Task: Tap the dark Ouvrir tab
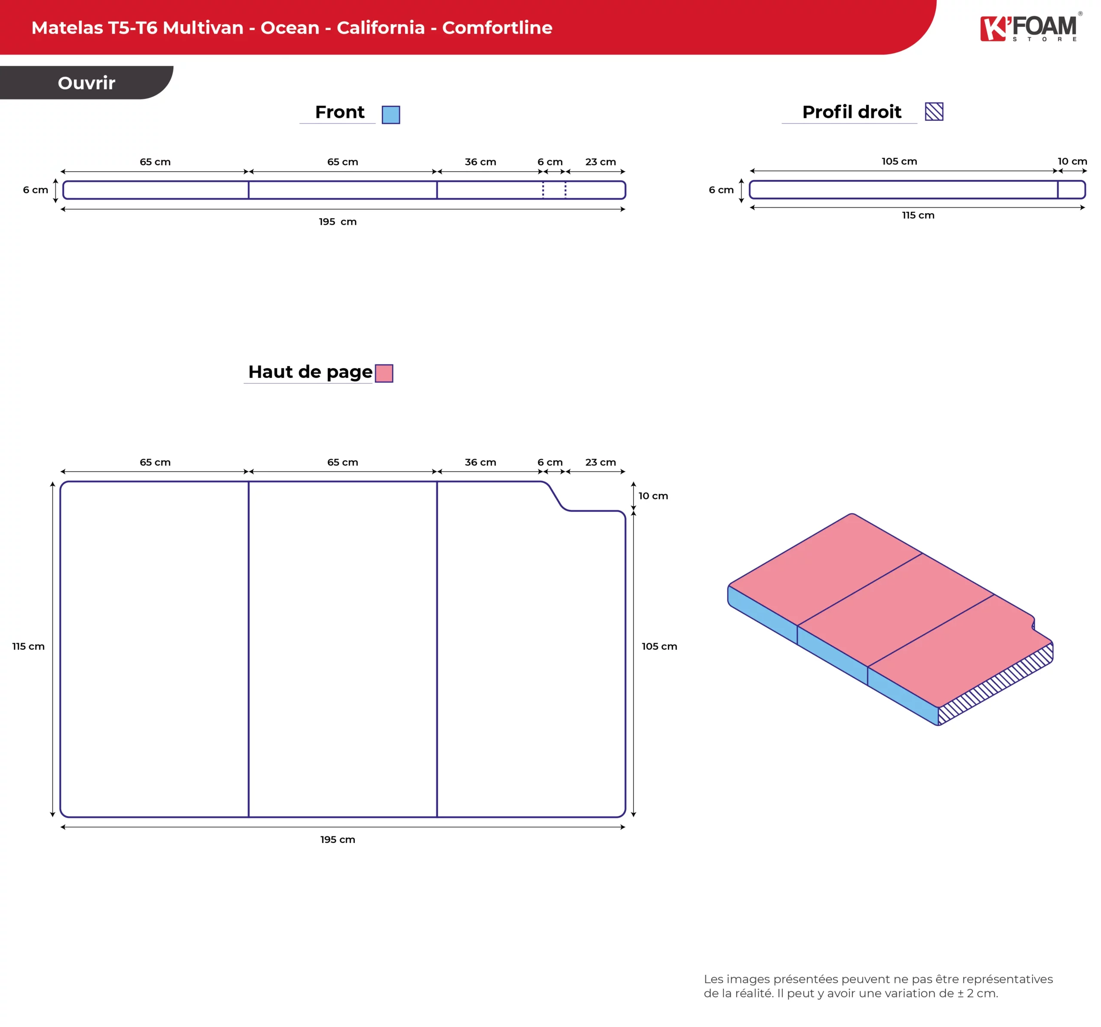point(86,83)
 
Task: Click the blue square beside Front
point(391,115)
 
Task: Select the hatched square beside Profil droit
point(934,111)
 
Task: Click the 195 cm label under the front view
point(338,222)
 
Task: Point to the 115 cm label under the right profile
point(918,215)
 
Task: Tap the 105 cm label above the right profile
point(899,161)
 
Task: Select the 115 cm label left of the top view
point(28,646)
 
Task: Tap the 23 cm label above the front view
point(600,162)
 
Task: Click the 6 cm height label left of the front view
point(35,190)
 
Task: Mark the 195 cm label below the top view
point(338,839)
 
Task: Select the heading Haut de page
point(310,372)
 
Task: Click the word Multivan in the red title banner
point(203,28)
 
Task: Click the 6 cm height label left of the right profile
point(721,190)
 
